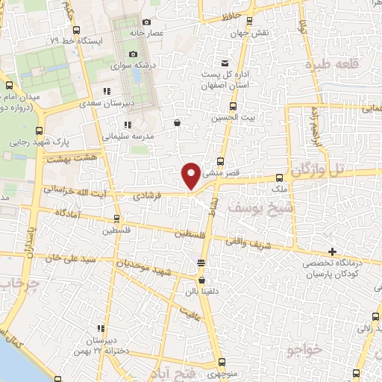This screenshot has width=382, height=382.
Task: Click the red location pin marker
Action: point(191,175)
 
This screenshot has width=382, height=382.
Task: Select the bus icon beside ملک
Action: point(279,178)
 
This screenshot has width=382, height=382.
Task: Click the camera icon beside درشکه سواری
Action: point(134,54)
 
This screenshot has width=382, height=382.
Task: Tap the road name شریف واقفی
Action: point(250,242)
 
